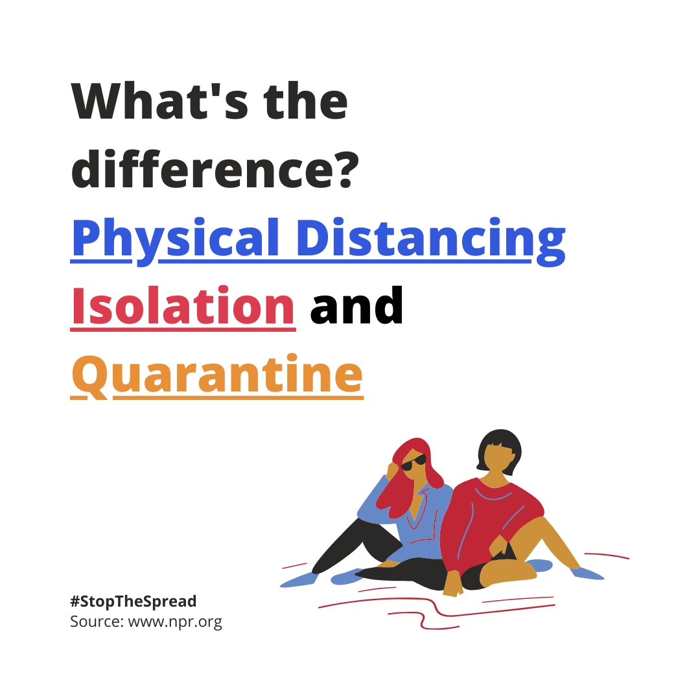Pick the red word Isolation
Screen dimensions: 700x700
[183, 305]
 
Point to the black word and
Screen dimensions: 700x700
[356, 305]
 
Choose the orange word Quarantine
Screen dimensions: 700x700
[217, 375]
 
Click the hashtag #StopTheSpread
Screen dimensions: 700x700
[133, 601]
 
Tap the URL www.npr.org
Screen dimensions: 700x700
[175, 622]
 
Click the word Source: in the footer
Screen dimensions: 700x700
[97, 621]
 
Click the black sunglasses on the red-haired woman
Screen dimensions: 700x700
[414, 463]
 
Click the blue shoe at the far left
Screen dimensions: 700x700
[298, 579]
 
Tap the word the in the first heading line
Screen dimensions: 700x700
[305, 101]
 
